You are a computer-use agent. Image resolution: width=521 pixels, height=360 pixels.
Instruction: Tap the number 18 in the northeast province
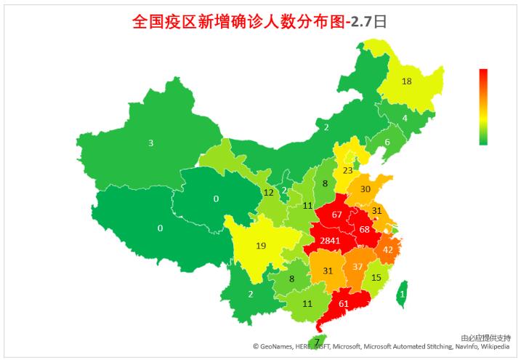coord(407,81)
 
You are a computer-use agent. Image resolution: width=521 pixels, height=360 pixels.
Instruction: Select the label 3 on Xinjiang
coord(151,143)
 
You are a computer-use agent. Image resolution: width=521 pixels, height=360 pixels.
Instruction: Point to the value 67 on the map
coord(336,215)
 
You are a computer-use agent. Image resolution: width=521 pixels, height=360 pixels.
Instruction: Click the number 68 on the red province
coord(365,230)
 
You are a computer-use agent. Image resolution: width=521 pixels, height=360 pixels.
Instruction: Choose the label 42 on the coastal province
coord(388,249)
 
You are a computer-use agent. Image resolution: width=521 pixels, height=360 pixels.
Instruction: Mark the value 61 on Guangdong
coord(344,303)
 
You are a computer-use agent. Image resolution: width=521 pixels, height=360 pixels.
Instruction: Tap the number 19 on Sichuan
coord(261,246)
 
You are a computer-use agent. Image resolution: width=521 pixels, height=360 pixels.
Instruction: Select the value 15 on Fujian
coord(376,277)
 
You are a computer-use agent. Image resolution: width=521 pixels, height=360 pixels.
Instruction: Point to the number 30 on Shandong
coord(365,189)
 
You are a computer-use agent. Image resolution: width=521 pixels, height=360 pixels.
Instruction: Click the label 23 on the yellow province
coord(348,170)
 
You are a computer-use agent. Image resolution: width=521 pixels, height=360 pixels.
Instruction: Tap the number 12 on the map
coord(268,193)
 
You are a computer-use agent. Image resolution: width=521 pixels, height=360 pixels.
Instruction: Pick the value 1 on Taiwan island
coord(402,294)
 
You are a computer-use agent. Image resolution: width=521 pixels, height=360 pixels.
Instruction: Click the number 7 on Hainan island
coord(317,342)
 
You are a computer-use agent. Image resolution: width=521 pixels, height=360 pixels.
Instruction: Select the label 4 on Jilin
coord(405,118)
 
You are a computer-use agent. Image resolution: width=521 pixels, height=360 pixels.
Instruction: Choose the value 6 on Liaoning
coord(387,142)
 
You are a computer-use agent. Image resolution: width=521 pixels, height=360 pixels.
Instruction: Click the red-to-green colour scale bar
coord(483,107)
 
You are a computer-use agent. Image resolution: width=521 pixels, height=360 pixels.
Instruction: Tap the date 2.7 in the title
coord(360,22)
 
